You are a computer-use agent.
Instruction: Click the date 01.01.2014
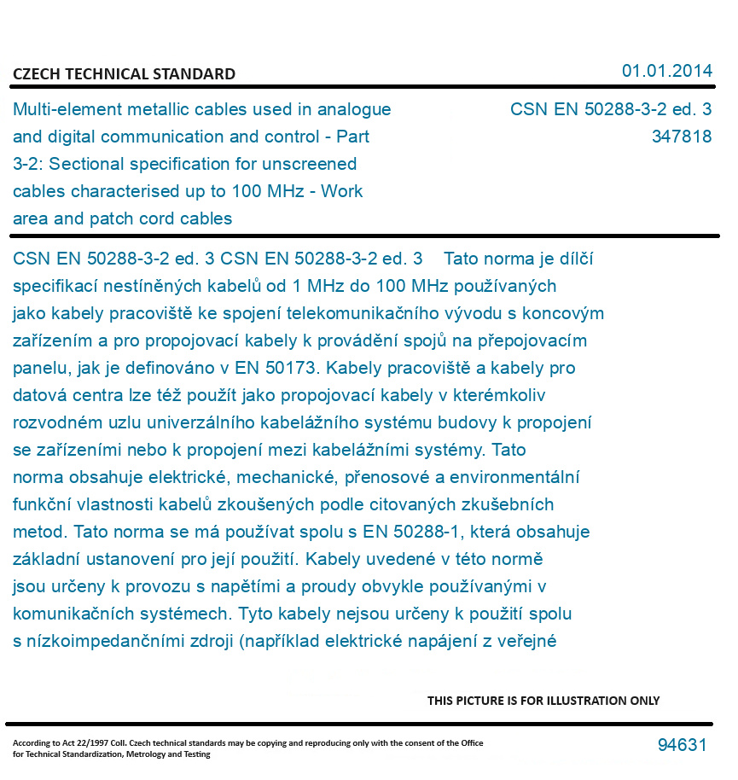[666, 71]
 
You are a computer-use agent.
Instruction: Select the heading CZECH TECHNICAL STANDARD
[124, 74]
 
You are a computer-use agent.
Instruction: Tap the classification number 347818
[681, 137]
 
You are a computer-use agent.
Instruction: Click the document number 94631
[682, 745]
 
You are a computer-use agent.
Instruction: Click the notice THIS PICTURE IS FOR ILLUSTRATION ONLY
[543, 701]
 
